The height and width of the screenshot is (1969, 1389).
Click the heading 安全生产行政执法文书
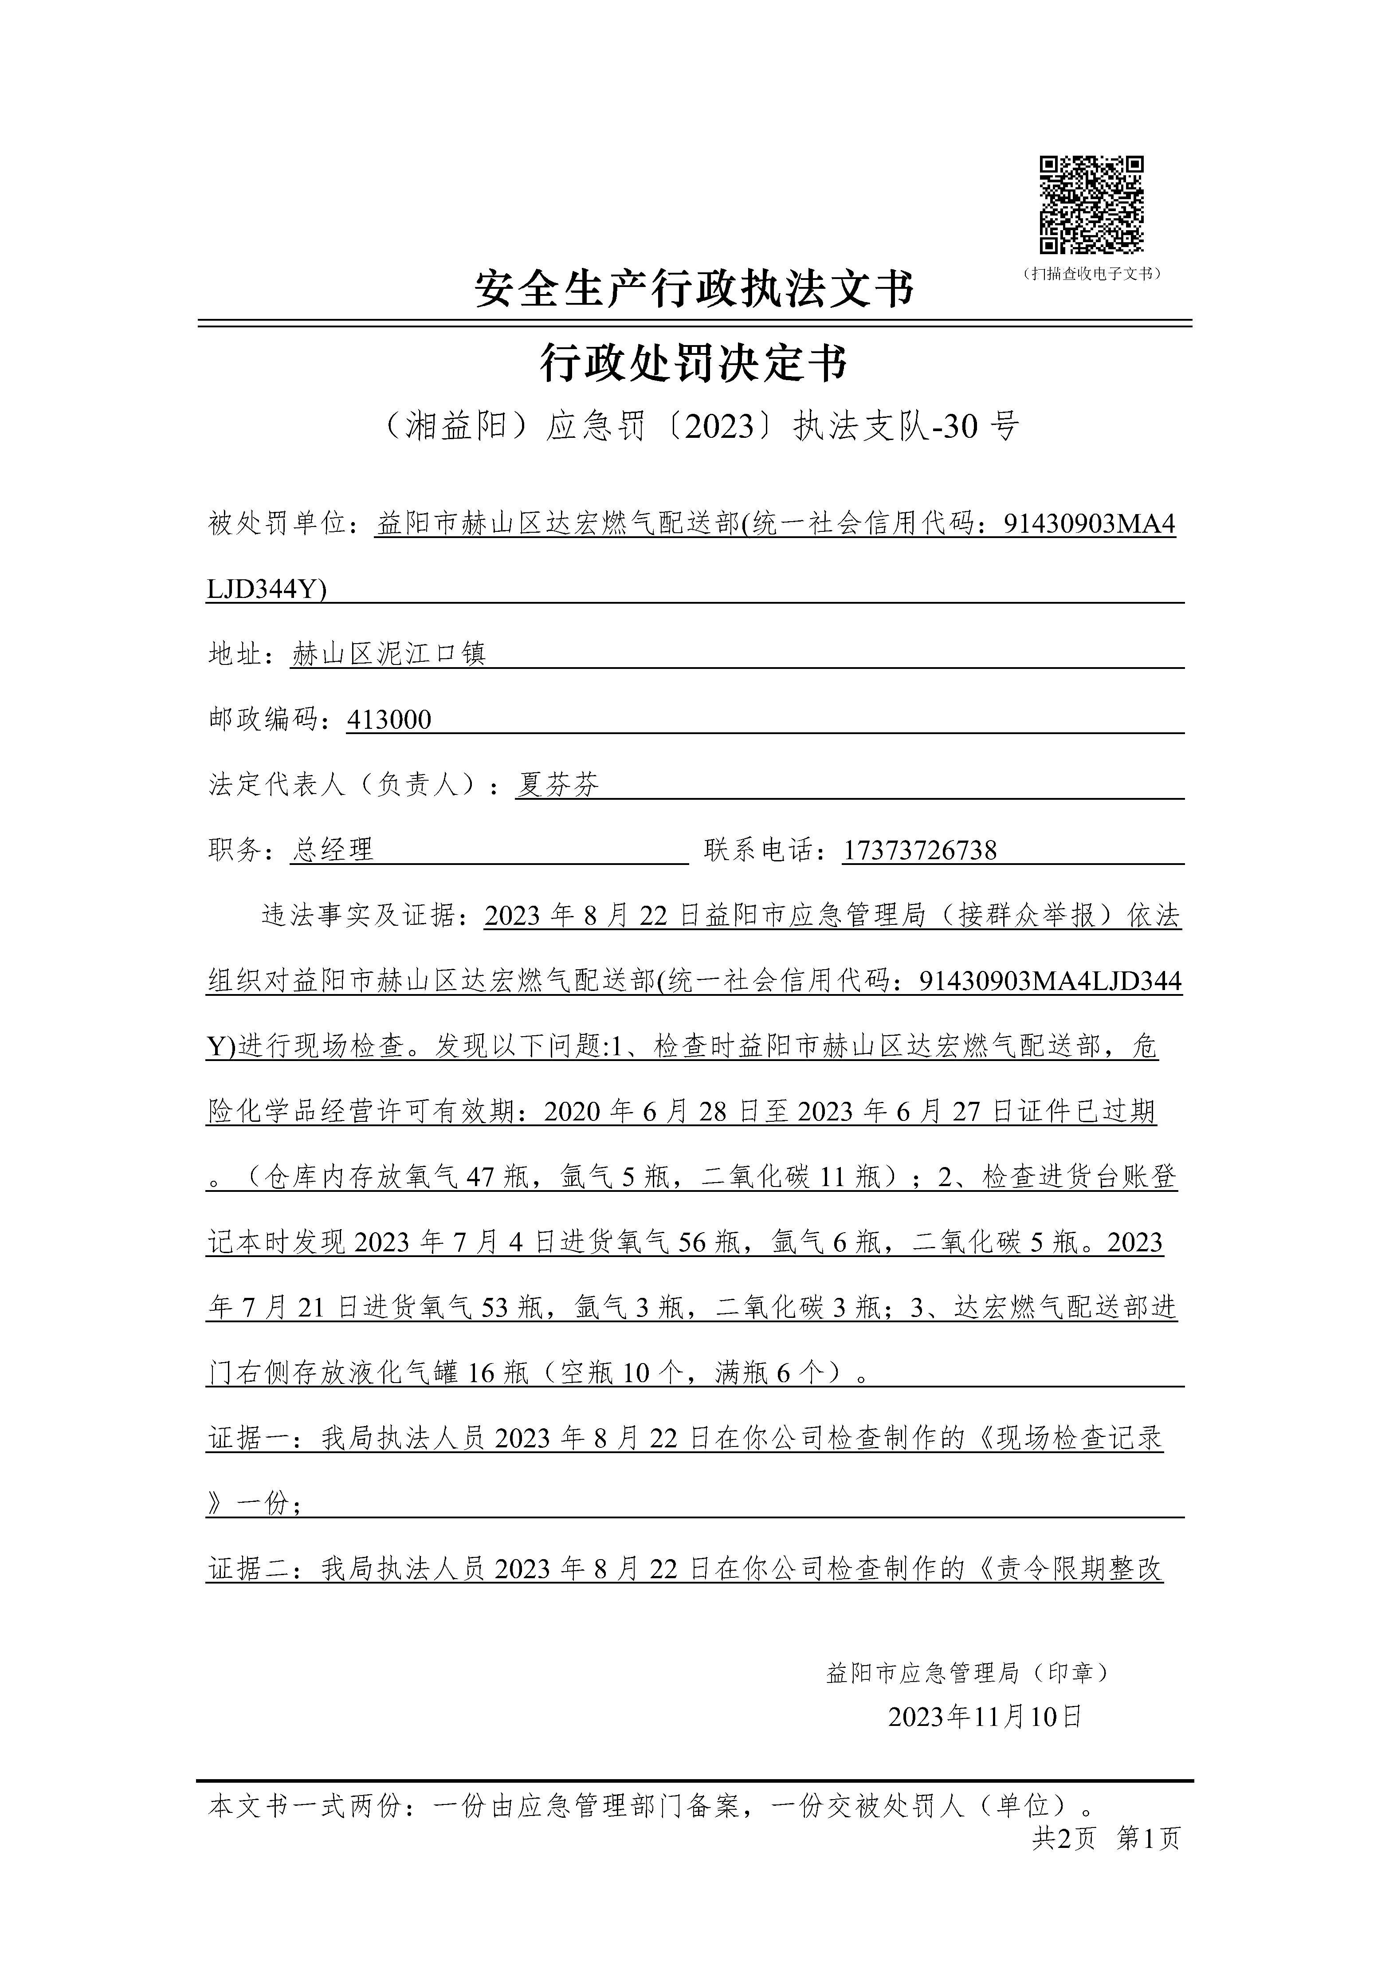[x=694, y=289]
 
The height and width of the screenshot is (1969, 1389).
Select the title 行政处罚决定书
[x=694, y=364]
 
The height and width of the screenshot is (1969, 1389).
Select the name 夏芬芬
[x=557, y=785]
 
